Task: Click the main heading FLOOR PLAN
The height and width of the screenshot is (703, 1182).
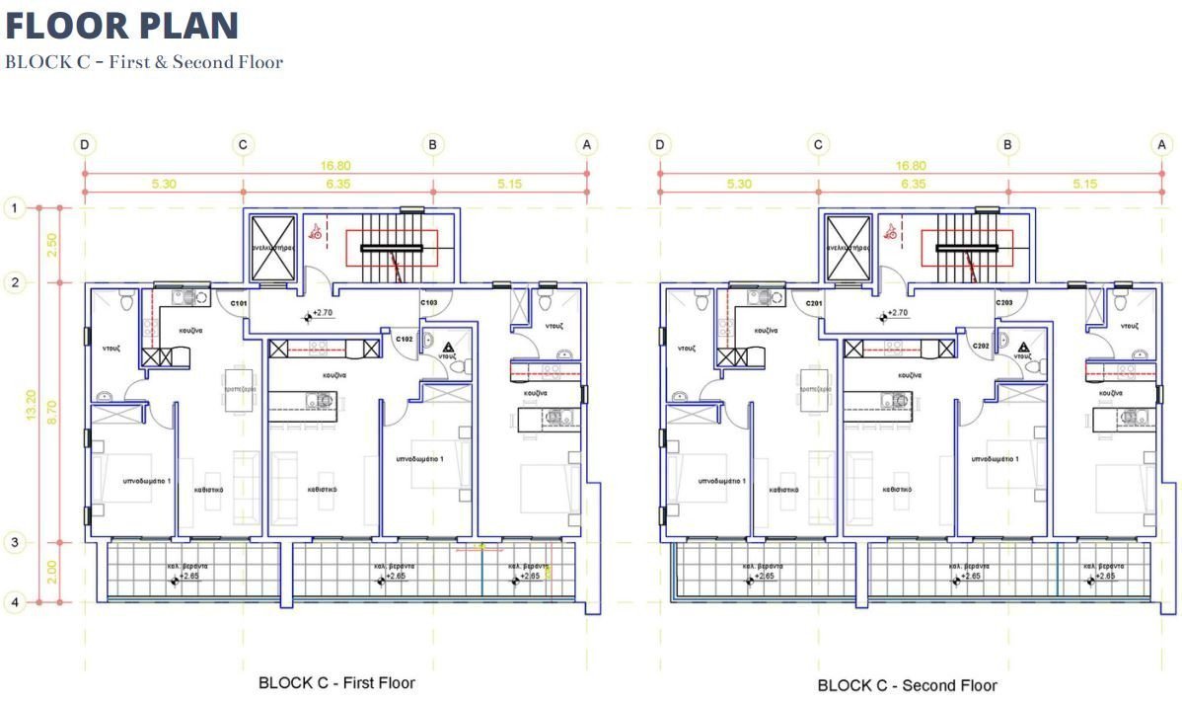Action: tap(122, 26)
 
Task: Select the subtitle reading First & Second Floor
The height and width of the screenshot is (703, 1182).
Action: tap(144, 62)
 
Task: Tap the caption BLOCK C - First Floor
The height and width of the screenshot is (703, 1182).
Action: tap(336, 682)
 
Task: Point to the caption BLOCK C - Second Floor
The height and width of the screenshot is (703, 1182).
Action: tap(907, 685)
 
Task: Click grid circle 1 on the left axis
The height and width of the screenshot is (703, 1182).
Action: tap(14, 208)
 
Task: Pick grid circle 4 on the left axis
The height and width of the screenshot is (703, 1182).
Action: tap(14, 601)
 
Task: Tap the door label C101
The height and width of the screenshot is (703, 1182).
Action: tap(238, 303)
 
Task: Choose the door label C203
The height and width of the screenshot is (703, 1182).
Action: tap(1004, 303)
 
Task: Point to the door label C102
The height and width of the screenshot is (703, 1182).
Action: tap(404, 340)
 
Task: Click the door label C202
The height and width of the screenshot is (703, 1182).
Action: tap(980, 346)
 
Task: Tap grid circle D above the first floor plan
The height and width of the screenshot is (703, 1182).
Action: tap(85, 145)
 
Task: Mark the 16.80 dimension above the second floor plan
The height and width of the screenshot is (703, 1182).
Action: tap(911, 166)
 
